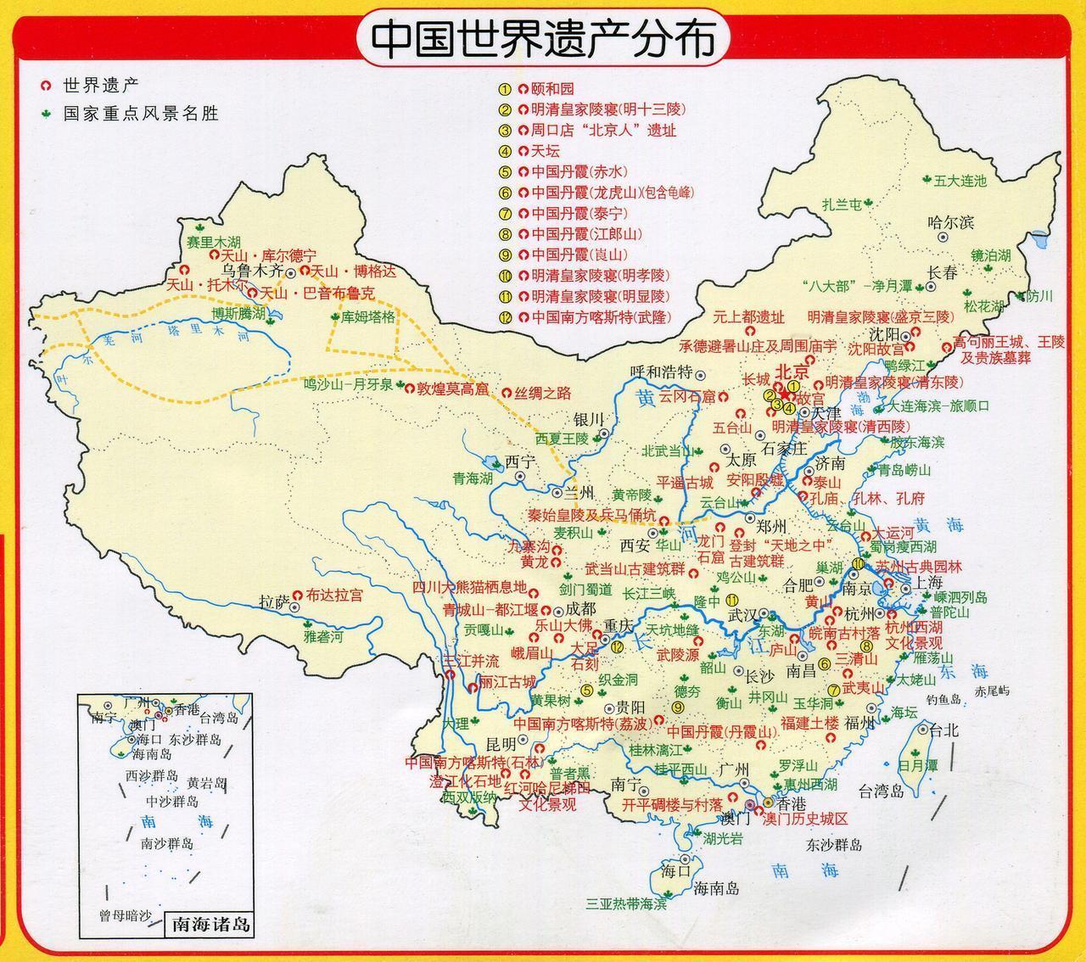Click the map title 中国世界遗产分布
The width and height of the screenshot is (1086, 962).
click(x=543, y=39)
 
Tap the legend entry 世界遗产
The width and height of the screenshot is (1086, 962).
click(x=100, y=86)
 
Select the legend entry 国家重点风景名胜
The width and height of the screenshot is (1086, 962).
click(x=140, y=113)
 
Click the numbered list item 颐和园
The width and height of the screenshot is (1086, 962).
click(x=551, y=88)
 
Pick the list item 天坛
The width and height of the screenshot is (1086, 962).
click(x=545, y=152)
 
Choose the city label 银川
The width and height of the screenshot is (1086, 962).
click(x=587, y=420)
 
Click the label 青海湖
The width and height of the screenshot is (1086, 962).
click(x=472, y=478)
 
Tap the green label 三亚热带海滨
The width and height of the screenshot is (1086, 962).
click(x=626, y=904)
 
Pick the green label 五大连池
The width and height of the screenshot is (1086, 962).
click(x=960, y=180)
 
